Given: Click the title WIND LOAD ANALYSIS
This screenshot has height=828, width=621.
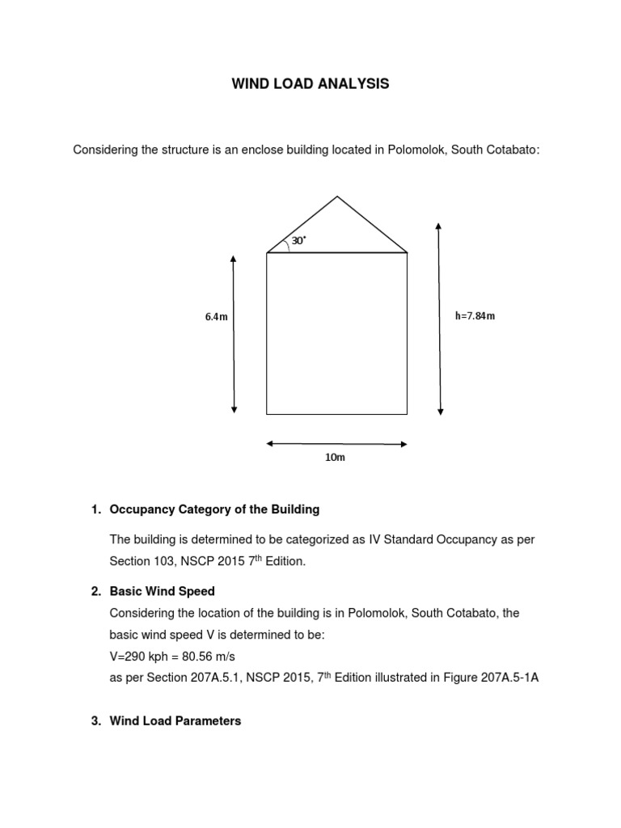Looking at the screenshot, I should (x=311, y=84).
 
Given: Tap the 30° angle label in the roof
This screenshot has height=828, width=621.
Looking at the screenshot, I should (x=298, y=241).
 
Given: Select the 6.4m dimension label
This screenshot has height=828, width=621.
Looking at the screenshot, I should (x=216, y=316).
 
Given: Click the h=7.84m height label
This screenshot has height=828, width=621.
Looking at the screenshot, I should (x=475, y=315).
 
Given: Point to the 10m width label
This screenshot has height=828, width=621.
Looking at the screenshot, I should (x=335, y=458).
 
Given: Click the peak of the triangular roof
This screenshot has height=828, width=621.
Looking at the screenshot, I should (x=337, y=196).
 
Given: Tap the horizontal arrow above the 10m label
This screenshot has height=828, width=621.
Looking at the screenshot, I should (x=336, y=443).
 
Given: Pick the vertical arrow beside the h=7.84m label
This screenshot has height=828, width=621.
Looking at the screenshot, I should (x=439, y=317).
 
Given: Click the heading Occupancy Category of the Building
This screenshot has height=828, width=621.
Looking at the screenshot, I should (x=214, y=509).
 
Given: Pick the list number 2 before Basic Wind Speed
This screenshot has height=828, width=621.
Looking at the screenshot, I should (x=95, y=591).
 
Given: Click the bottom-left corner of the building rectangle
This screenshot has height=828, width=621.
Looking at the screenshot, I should (x=267, y=414).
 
